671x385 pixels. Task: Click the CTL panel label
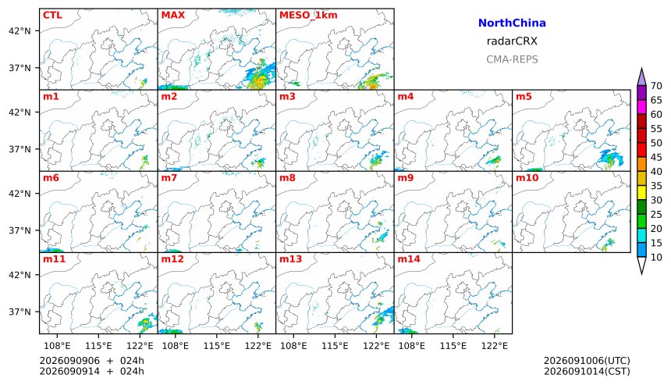[x=52, y=15]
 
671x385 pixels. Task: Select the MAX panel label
[x=173, y=15]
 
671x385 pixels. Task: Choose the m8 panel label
[x=287, y=178]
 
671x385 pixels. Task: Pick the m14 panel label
[x=409, y=259]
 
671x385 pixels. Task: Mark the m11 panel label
[x=54, y=259]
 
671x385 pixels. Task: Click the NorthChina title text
[x=512, y=23]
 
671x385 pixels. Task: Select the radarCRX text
[x=512, y=41]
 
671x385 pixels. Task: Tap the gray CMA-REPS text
[x=512, y=59]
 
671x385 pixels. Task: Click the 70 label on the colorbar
[x=656, y=86]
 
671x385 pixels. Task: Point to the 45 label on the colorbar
[x=656, y=157]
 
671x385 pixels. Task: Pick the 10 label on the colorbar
[x=656, y=258]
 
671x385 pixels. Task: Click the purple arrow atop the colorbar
[x=641, y=77]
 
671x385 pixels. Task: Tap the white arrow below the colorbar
[x=641, y=266]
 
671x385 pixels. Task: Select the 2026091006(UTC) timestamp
[x=587, y=361]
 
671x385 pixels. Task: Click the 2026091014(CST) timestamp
[x=587, y=371]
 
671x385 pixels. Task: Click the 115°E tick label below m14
[x=453, y=346]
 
